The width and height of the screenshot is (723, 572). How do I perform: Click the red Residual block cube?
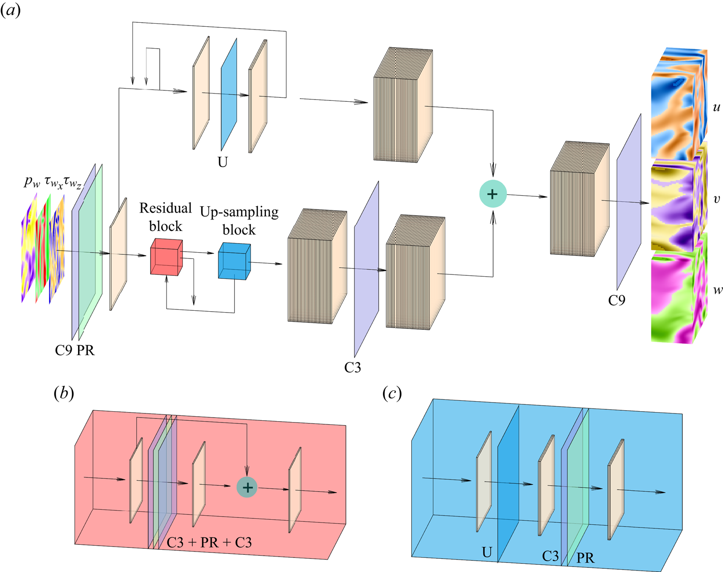coord(166,258)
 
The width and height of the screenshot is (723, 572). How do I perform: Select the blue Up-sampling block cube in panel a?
coord(234,261)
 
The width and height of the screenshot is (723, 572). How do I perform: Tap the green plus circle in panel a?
coord(492,194)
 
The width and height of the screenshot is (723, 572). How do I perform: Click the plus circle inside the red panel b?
coord(247,487)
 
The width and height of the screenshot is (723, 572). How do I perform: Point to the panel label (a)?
coord(10,10)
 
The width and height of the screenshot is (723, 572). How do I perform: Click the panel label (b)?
coord(64,393)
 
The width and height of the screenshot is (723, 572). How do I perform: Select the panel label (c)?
coord(392,393)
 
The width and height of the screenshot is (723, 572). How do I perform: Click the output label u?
coord(717,107)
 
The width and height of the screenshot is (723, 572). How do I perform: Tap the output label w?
coord(717,290)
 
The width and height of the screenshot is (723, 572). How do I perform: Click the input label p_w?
coord(32,182)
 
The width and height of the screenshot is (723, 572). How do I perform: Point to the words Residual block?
coord(165,217)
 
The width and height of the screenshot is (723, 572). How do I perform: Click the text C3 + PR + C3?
coord(209,542)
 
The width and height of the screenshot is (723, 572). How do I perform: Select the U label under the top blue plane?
coord(222,162)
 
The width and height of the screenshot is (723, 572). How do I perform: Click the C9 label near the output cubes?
coord(616,300)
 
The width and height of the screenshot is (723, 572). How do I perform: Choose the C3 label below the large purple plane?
coord(352,367)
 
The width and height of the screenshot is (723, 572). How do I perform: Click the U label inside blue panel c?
coord(487,552)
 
